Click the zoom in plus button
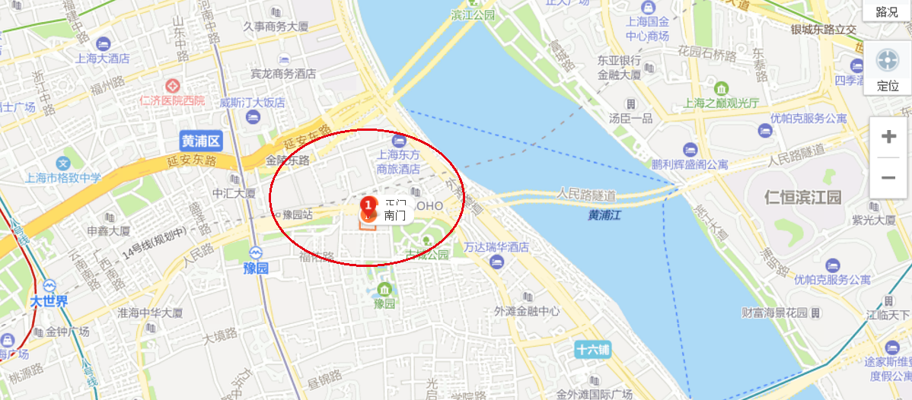[888, 138]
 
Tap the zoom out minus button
[888, 177]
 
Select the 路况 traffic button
[887, 11]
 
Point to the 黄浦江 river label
[604, 215]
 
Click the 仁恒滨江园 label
[803, 198]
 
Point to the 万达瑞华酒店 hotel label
[496, 248]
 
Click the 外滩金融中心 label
[527, 310]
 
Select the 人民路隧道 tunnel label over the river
[586, 194]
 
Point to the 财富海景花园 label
[775, 313]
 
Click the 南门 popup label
[395, 215]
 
